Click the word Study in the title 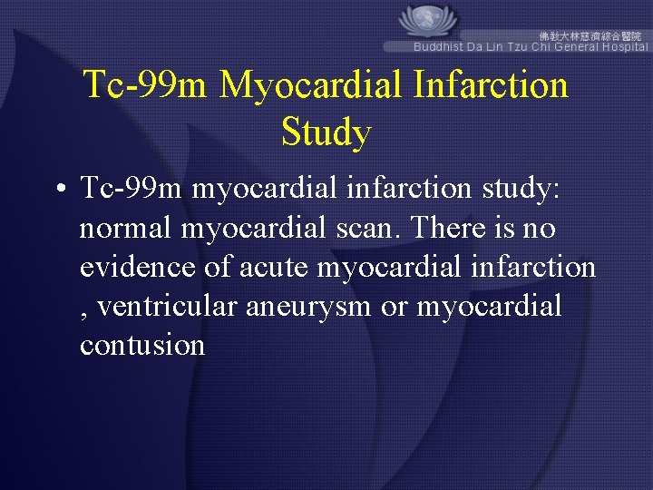pyautogui.click(x=326, y=132)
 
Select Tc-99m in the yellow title pyautogui.click(x=146, y=85)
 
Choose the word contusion pyautogui.click(x=142, y=347)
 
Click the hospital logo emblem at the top pyautogui.click(x=429, y=20)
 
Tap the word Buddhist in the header pyautogui.click(x=438, y=46)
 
